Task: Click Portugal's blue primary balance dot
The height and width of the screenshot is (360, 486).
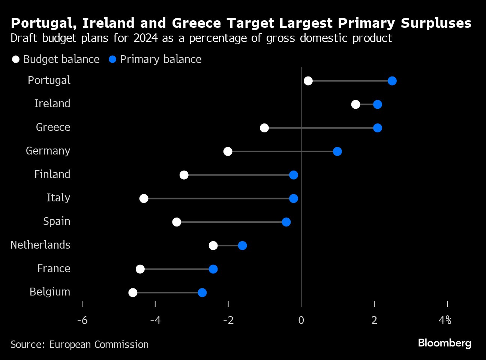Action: click(392, 81)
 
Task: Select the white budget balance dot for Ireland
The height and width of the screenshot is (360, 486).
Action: click(355, 105)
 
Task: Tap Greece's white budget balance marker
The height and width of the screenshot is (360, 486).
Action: click(264, 128)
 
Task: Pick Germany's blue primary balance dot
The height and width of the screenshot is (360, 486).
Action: click(337, 151)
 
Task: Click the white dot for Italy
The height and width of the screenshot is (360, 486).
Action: click(144, 199)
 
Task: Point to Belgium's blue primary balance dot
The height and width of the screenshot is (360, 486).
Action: click(202, 293)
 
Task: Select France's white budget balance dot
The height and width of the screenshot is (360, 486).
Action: click(140, 269)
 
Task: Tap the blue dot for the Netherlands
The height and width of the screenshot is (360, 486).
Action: click(242, 246)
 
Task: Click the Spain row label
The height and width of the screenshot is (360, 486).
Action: click(57, 221)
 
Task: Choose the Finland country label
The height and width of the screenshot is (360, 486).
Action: click(52, 174)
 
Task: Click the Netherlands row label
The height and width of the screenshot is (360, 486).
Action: click(40, 245)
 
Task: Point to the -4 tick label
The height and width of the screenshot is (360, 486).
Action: click(155, 320)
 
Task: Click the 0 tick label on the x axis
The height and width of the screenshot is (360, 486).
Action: click(301, 320)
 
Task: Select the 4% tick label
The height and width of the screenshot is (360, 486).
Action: click(445, 320)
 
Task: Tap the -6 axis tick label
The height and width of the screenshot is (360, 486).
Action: click(82, 320)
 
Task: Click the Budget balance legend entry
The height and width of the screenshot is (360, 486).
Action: click(56, 59)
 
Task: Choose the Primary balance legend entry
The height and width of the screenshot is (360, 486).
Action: click(155, 59)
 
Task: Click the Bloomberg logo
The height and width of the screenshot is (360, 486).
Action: click(444, 343)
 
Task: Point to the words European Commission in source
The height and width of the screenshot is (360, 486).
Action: click(99, 345)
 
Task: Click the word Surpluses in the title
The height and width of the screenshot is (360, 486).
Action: click(436, 23)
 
